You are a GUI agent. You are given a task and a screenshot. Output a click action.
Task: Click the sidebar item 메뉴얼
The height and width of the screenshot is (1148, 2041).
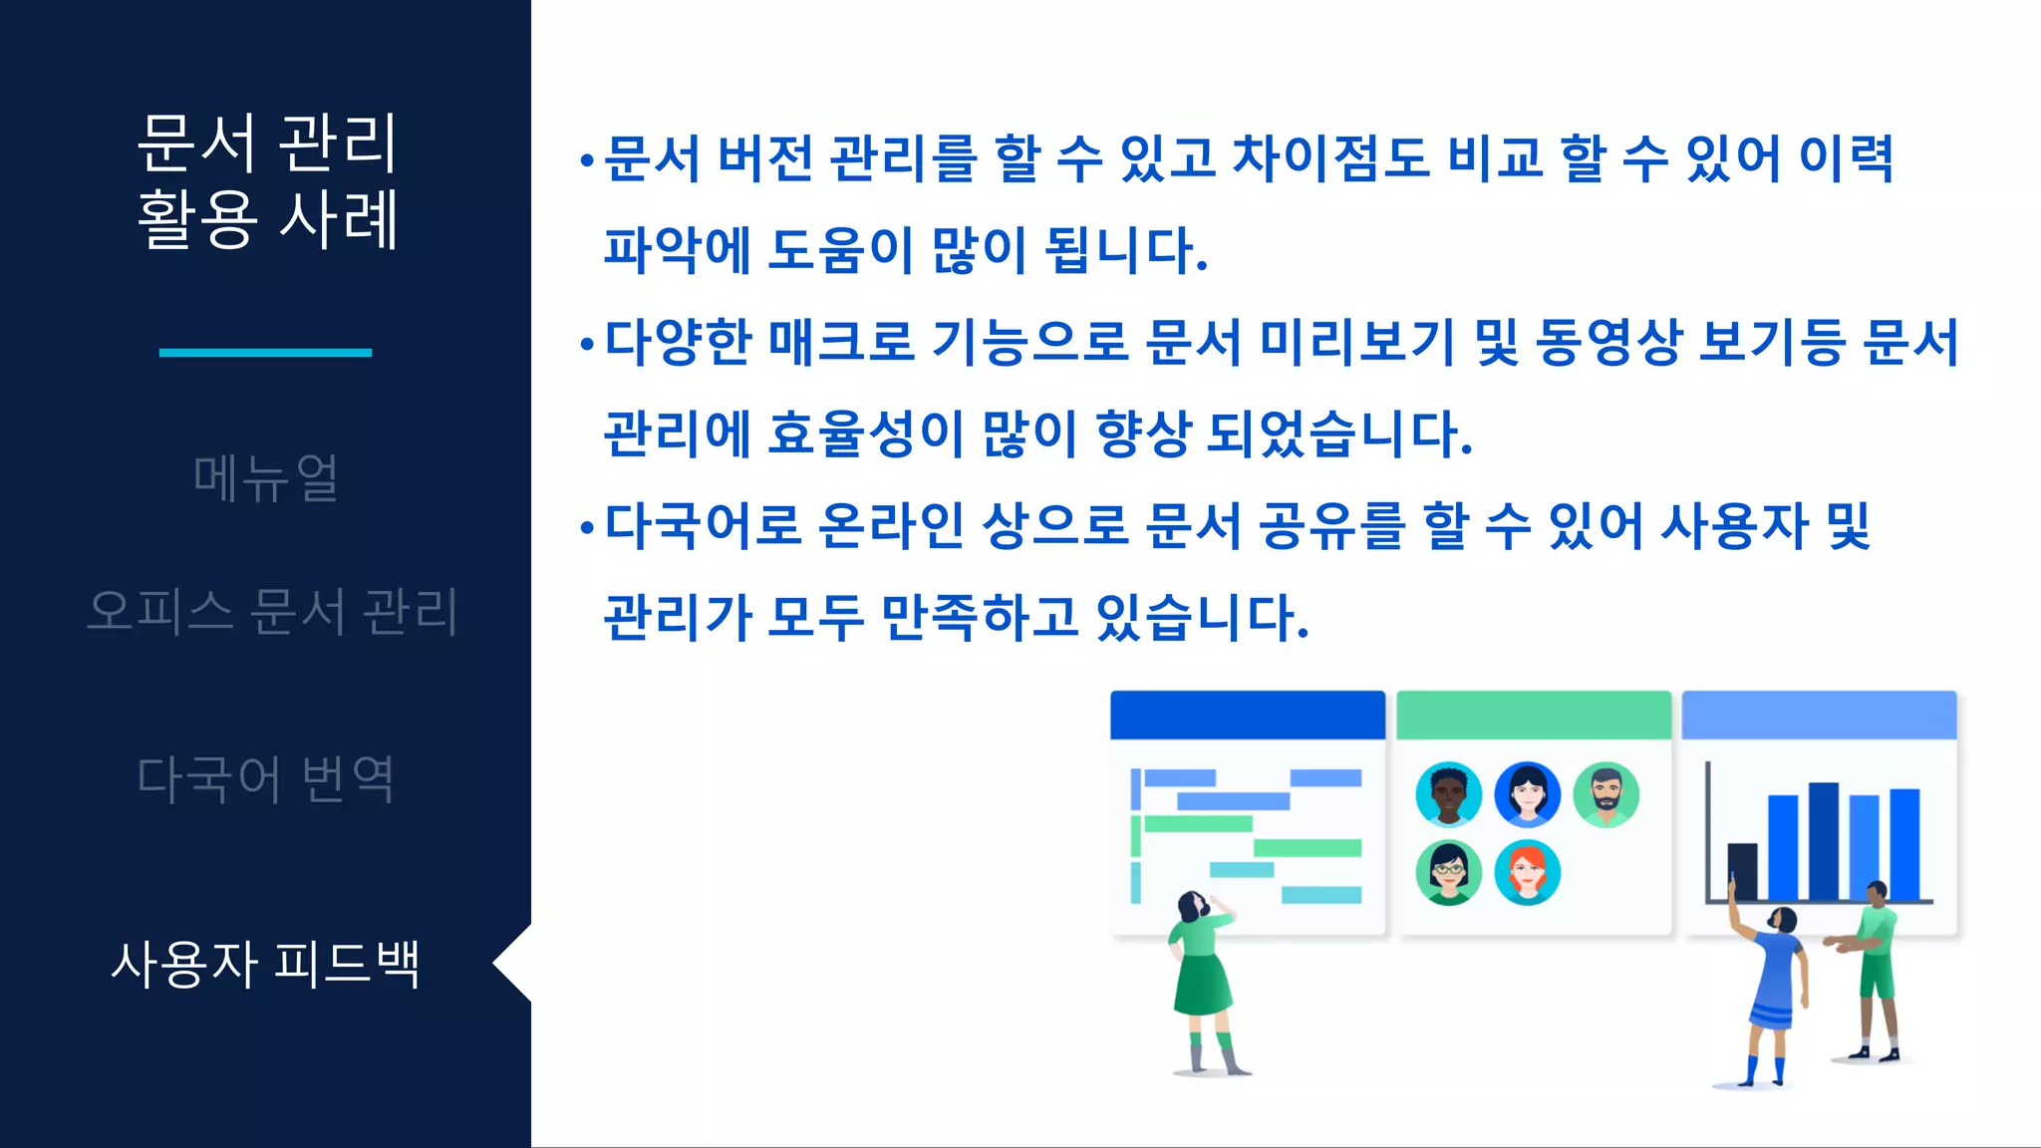(x=265, y=478)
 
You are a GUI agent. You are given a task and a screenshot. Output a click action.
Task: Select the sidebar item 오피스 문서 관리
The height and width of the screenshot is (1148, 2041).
(x=272, y=611)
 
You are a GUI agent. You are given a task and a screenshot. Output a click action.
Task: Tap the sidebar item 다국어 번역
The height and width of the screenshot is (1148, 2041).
(x=265, y=778)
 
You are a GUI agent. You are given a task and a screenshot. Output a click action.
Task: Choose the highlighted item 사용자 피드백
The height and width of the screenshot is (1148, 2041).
(x=265, y=964)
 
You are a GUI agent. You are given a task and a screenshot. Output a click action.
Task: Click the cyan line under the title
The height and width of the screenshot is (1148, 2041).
(x=265, y=352)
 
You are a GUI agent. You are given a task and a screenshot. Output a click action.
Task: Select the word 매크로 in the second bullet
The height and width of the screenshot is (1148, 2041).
(x=842, y=342)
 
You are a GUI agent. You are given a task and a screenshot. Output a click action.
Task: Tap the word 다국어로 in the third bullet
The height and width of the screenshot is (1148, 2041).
(x=703, y=525)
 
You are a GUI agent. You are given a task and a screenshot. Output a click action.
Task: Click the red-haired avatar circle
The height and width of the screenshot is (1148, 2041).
(x=1527, y=872)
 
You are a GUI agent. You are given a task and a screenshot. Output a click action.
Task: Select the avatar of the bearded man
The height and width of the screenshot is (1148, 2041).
(x=1605, y=794)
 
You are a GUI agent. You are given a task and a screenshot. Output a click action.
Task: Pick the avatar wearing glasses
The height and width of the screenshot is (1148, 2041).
(x=1448, y=872)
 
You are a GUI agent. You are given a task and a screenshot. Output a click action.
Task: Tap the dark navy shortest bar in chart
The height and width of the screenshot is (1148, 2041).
(x=1742, y=871)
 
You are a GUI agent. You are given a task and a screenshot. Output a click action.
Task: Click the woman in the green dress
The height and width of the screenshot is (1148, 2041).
(x=1204, y=977)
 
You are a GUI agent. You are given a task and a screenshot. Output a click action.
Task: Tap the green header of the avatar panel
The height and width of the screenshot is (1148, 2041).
(x=1533, y=715)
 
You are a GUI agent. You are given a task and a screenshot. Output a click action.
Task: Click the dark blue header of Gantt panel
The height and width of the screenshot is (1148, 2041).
(x=1248, y=715)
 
